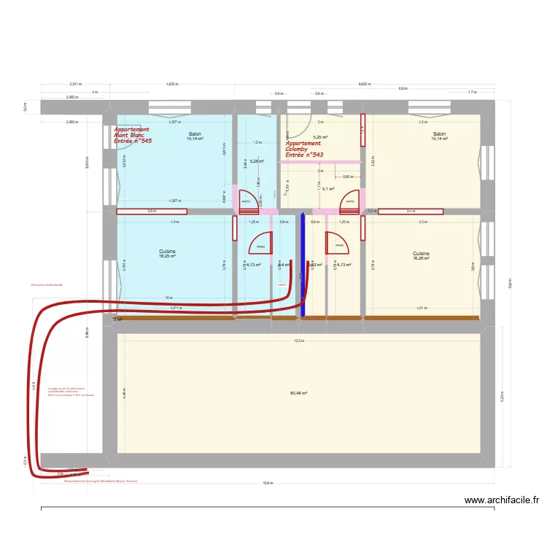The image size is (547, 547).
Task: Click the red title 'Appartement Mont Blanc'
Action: click(x=131, y=132)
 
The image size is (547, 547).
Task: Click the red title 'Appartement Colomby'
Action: click(x=303, y=147)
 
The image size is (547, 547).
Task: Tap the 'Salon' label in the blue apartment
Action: click(x=195, y=134)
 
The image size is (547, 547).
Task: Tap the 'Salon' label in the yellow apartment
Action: click(x=439, y=134)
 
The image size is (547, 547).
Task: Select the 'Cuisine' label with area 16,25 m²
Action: click(x=167, y=253)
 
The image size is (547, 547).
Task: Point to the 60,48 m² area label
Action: click(x=298, y=393)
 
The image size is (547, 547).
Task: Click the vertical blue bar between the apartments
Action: click(x=303, y=264)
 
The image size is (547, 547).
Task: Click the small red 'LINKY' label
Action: click(x=282, y=285)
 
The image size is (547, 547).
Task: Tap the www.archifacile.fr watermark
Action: click(x=502, y=500)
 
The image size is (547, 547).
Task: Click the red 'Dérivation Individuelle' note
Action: click(x=47, y=284)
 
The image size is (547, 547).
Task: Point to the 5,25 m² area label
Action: click(x=320, y=137)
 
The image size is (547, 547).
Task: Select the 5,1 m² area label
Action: click(x=327, y=189)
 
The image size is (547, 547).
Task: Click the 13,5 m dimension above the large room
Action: click(x=298, y=341)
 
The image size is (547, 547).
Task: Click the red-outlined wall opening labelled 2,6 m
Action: click(x=152, y=212)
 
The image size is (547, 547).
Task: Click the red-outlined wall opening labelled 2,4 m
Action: click(x=410, y=212)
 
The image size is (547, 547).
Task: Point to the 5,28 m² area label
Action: click(x=257, y=161)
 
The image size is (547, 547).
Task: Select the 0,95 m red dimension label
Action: click(x=348, y=176)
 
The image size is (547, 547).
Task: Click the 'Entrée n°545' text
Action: click(x=133, y=141)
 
